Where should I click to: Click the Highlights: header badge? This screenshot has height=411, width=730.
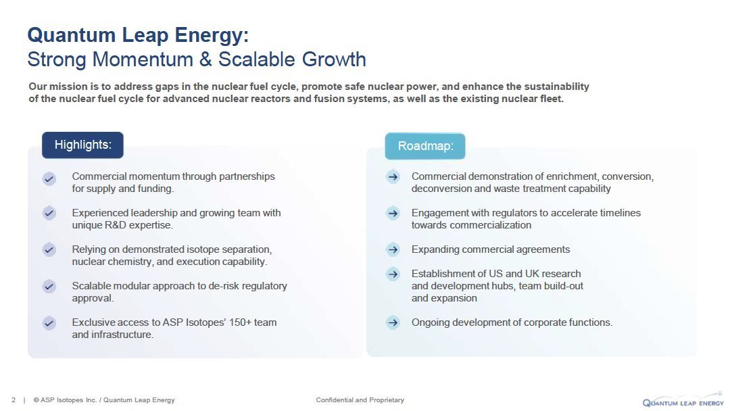pyautogui.click(x=83, y=145)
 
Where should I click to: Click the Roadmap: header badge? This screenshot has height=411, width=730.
pyautogui.click(x=425, y=146)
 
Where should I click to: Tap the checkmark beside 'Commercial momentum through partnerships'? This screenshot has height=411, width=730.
pyautogui.click(x=49, y=178)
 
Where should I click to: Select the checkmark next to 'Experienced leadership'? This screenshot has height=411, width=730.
pyautogui.click(x=49, y=213)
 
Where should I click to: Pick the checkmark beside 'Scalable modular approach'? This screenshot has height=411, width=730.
pyautogui.click(x=49, y=286)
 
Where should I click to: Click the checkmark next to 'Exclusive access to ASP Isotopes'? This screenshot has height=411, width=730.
pyautogui.click(x=49, y=323)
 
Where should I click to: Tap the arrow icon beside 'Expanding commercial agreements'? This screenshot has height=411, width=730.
pyautogui.click(x=393, y=250)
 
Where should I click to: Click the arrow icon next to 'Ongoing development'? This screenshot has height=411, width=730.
pyautogui.click(x=393, y=322)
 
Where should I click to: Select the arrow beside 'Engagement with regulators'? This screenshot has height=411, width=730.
pyautogui.click(x=393, y=213)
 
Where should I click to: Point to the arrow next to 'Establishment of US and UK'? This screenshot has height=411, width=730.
pyautogui.click(x=393, y=274)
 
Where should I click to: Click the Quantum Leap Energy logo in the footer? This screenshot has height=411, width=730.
pyautogui.click(x=683, y=402)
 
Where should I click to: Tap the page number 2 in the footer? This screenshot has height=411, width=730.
pyautogui.click(x=14, y=400)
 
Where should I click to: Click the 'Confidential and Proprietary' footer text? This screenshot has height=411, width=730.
pyautogui.click(x=360, y=400)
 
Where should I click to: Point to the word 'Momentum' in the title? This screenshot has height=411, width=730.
pyautogui.click(x=143, y=59)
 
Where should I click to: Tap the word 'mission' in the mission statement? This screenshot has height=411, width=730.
pyautogui.click(x=66, y=87)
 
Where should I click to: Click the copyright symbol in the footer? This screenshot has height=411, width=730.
pyautogui.click(x=36, y=400)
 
